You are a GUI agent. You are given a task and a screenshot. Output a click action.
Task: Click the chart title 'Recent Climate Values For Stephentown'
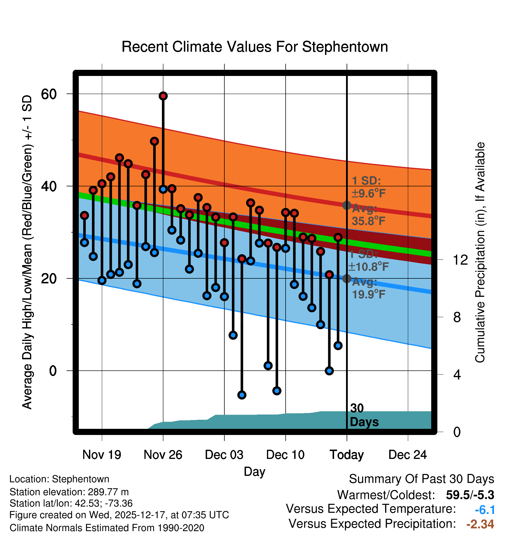255,47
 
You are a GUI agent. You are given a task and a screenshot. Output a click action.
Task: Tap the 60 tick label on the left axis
49,94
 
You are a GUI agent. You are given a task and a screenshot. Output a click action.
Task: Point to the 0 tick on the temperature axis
53,371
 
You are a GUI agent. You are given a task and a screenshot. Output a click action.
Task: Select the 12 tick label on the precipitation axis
460,260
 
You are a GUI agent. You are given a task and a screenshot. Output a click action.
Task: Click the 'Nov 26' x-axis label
163,455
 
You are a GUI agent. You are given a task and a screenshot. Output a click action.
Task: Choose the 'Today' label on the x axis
347,455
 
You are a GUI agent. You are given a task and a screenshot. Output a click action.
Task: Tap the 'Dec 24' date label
408,455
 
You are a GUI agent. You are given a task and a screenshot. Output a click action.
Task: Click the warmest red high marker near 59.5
163,96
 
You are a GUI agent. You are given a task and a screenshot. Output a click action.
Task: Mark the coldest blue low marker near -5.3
242,395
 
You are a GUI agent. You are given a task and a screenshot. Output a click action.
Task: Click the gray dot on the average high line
347,205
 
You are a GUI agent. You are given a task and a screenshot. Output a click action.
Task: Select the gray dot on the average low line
347,279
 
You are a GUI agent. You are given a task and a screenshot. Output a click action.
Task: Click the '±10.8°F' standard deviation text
368,267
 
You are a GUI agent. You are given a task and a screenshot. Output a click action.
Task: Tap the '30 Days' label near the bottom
364,415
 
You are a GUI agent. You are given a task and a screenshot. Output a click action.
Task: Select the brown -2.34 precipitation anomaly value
480,524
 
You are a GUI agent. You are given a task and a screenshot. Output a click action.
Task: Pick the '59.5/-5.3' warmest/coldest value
470,495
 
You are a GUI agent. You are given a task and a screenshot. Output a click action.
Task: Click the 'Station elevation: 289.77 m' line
69,492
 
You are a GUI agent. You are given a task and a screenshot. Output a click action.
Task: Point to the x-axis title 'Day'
254,471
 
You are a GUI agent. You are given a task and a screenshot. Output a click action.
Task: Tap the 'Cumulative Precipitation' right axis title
480,252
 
